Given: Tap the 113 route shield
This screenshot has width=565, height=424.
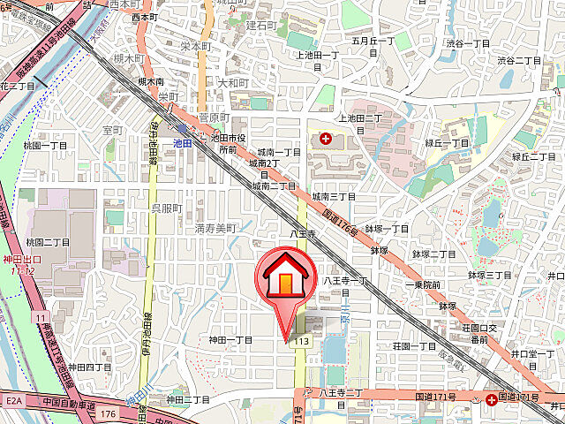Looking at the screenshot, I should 303,341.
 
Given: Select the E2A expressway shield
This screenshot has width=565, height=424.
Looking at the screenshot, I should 14,400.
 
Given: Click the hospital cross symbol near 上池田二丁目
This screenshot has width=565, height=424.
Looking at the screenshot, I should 326,139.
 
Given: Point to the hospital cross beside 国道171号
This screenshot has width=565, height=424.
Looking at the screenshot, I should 490,399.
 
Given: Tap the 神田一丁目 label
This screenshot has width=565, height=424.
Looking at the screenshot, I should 230,340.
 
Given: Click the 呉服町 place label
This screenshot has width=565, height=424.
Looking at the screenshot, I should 165,208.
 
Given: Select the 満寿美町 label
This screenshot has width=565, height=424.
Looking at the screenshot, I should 215,229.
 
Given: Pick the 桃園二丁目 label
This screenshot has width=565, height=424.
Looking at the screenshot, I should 48,242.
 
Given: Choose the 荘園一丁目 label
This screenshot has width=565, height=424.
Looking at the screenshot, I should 414,346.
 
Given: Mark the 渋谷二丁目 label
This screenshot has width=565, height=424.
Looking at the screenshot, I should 518,61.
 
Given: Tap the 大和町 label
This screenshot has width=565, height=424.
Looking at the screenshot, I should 232,83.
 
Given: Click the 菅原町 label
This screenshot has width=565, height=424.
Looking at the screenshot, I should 213,117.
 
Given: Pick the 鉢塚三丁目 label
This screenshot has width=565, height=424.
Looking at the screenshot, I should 489,276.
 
